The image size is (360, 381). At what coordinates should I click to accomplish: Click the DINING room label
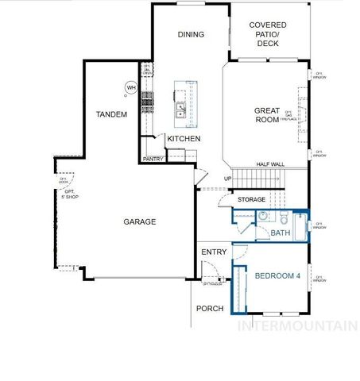pyautogui.click(x=191, y=35)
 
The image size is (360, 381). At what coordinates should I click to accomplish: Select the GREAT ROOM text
pyautogui.click(x=266, y=116)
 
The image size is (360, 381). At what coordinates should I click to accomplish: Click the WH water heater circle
pyautogui.click(x=130, y=87)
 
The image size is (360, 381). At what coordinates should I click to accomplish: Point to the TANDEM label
pyautogui.click(x=111, y=115)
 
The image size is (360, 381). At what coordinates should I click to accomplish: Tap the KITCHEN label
pyautogui.click(x=184, y=139)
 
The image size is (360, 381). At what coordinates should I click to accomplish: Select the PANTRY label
pyautogui.click(x=153, y=159)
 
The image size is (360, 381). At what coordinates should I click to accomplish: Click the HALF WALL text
pyautogui.click(x=270, y=164)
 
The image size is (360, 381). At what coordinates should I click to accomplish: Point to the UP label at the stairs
pyautogui.click(x=228, y=179)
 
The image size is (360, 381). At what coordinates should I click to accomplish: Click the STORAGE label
pyautogui.click(x=251, y=199)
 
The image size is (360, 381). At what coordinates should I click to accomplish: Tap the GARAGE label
pyautogui.click(x=139, y=222)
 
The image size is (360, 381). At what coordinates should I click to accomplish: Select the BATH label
pyautogui.click(x=281, y=233)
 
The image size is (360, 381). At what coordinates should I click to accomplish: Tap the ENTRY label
pyautogui.click(x=214, y=252)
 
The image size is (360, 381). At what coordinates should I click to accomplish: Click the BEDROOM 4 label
pyautogui.click(x=278, y=275)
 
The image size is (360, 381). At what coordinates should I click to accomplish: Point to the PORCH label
pyautogui.click(x=211, y=308)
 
